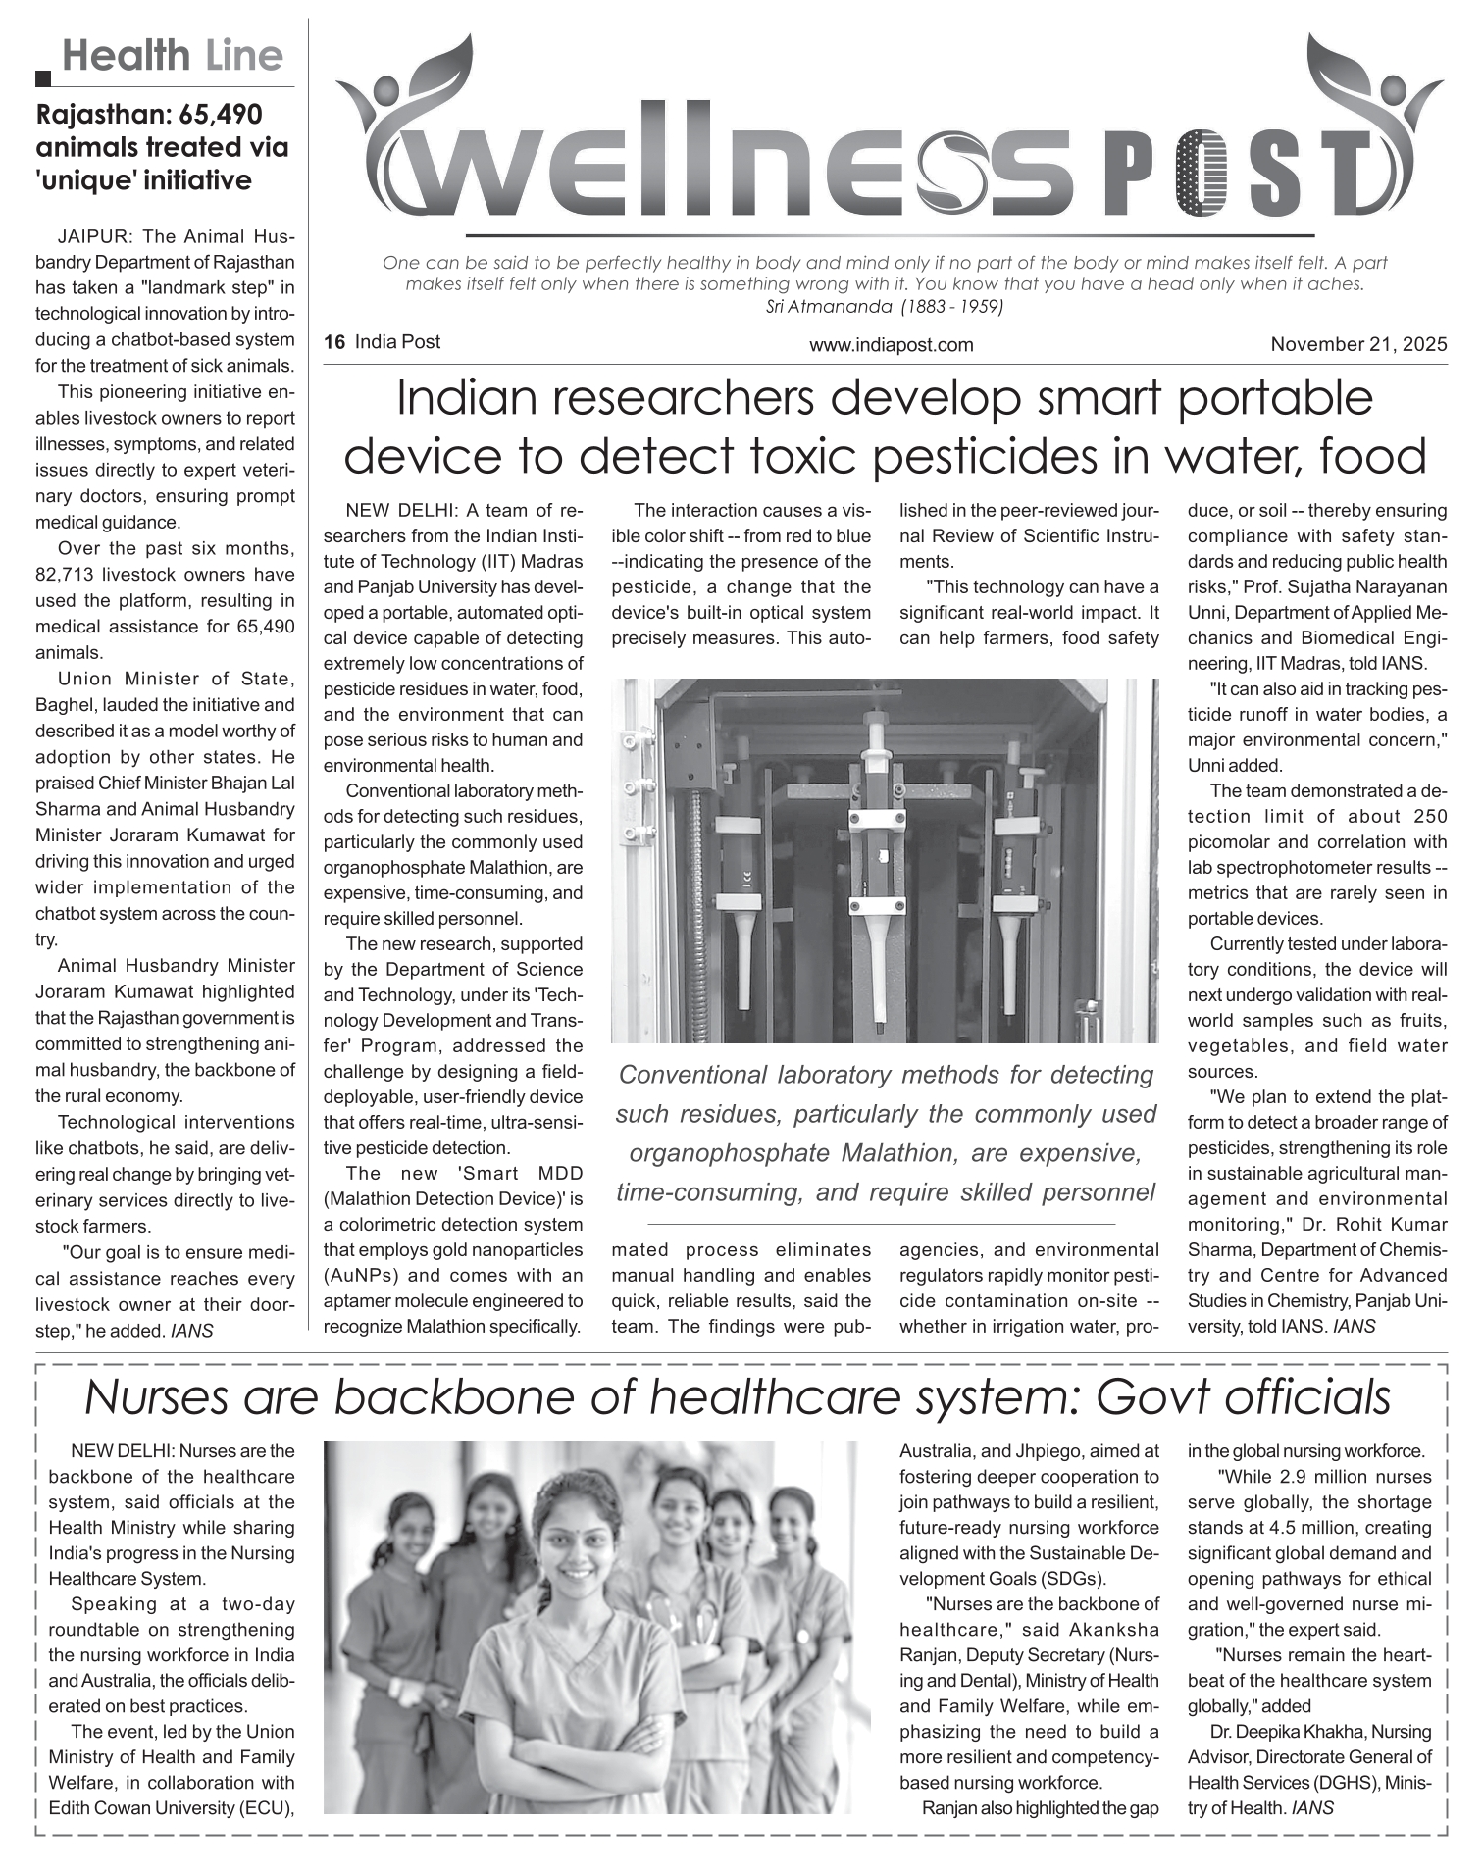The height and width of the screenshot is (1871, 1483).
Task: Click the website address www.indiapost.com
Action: (x=891, y=345)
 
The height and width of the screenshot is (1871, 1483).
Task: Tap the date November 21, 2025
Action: (x=1358, y=344)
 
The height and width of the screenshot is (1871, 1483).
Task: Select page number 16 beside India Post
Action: (x=334, y=342)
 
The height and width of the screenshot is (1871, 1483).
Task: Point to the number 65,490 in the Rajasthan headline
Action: (x=221, y=115)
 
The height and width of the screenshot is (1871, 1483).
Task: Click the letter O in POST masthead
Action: (x=1203, y=177)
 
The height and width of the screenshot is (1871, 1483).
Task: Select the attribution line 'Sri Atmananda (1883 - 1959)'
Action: (x=883, y=307)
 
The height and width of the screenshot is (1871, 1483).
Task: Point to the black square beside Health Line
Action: (x=43, y=77)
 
